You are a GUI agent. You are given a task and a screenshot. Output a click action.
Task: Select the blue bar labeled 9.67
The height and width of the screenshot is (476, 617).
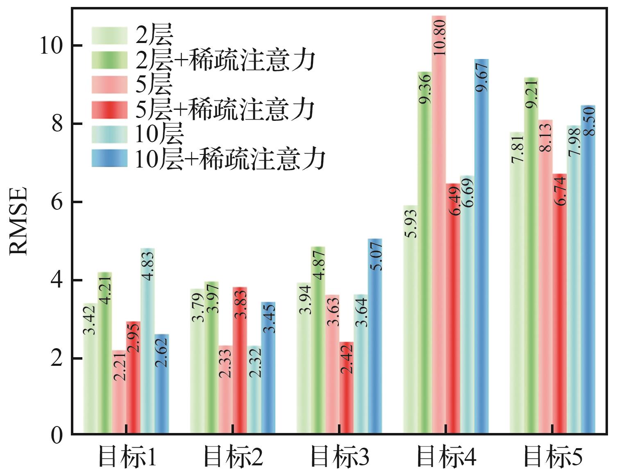[482, 246]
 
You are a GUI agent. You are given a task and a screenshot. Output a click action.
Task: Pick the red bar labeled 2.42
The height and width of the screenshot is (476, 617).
[347, 388]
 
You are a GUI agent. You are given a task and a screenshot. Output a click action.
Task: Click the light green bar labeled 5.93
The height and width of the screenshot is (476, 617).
[411, 320]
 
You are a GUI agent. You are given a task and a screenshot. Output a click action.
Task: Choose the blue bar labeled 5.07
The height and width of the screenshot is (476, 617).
[375, 336]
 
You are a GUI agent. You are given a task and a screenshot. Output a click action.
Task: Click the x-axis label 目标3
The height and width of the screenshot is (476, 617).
[340, 457]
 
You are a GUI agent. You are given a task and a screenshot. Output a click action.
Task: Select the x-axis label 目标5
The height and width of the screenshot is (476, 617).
[553, 457]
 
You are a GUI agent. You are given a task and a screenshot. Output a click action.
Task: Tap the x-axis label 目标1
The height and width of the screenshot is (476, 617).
[127, 457]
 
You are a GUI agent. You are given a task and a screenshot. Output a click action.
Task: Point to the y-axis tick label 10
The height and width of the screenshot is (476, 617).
[50, 45]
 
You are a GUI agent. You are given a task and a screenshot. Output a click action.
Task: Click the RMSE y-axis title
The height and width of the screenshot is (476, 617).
[18, 221]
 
